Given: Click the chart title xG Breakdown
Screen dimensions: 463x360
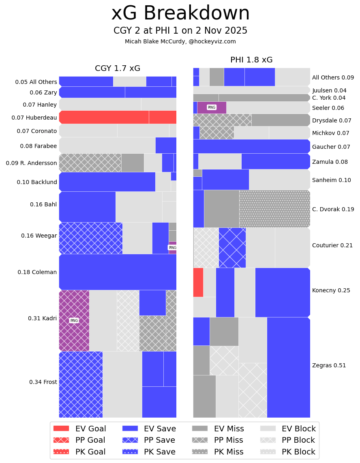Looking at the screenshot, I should [180, 13].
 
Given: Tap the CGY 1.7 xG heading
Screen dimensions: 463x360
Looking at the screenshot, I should [118, 69].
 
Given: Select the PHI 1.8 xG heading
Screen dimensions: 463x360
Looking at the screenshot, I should [251, 60].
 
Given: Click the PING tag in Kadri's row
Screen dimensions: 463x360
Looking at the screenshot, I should [74, 320].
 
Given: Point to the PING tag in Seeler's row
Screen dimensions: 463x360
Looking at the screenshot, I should [212, 107].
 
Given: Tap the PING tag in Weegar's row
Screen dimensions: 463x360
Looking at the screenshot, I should [172, 248].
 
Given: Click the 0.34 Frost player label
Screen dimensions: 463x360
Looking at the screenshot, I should [43, 382].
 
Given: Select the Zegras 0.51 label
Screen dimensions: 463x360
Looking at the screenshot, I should [329, 365].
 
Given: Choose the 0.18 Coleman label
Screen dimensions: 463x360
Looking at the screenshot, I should [37, 272].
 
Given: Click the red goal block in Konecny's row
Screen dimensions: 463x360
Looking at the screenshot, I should [198, 282].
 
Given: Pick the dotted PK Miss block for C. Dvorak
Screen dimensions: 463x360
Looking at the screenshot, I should [274, 209].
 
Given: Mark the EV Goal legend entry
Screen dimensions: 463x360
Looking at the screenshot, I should [80, 429].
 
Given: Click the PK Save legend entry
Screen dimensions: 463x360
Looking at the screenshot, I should [149, 452].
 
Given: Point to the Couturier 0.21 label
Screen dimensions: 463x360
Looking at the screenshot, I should [332, 245].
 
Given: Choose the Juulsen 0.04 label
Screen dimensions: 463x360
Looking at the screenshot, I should [329, 90].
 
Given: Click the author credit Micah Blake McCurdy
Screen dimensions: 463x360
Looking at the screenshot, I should [180, 41].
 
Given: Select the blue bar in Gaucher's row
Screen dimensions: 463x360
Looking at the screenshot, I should [251, 146].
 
